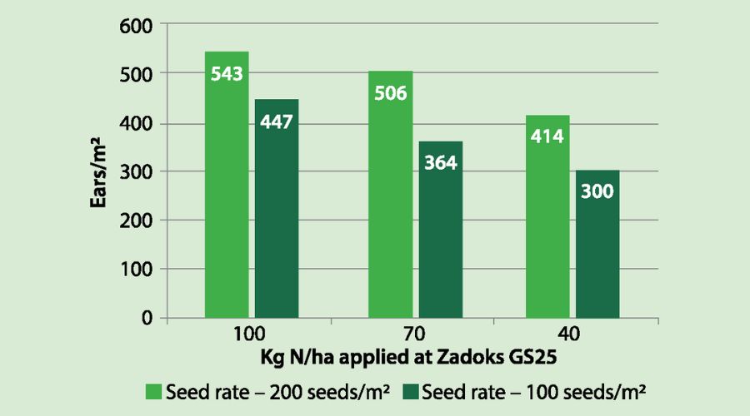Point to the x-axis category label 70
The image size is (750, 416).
[x=415, y=335]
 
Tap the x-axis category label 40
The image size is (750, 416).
[x=572, y=335]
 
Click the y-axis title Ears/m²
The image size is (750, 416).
[x=101, y=172]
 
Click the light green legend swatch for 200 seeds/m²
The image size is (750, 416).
[x=154, y=390]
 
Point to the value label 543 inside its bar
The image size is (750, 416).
[x=227, y=75]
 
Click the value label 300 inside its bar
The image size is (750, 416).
[x=597, y=191]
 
